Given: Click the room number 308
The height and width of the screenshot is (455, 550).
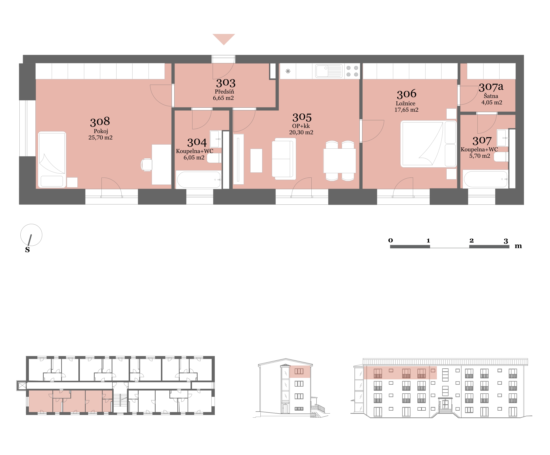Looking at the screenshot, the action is click(100, 122).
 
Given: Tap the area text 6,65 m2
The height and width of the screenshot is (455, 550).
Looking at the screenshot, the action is click(223, 98).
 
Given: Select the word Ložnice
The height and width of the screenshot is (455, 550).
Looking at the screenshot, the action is click(405, 103).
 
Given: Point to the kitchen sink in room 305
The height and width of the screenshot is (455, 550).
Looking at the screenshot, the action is click(329, 71).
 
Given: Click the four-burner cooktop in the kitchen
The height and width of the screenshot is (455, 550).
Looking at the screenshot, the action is click(352, 71).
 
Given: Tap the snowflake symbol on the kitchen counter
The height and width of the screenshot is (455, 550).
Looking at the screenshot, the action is click(288, 71).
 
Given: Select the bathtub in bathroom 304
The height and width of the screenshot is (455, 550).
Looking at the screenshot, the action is click(199, 179).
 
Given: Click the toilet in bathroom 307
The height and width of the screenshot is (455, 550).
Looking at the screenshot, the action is click(501, 157).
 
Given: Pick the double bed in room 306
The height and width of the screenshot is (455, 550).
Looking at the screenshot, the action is click(428, 144).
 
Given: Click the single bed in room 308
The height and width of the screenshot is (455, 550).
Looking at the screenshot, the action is click(52, 160).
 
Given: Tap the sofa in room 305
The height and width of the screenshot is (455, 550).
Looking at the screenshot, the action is click(284, 159).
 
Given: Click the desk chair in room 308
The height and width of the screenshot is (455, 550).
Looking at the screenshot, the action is click(146, 165).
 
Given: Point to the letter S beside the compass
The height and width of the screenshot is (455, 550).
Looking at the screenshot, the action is click(27, 250).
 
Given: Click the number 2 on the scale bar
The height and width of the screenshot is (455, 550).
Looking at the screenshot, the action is click(471, 240).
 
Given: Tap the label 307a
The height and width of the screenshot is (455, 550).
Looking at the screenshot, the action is click(491, 87).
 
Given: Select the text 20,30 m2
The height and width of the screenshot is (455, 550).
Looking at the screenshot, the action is click(301, 132).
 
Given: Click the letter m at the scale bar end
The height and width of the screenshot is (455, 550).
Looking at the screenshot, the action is click(518, 246).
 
